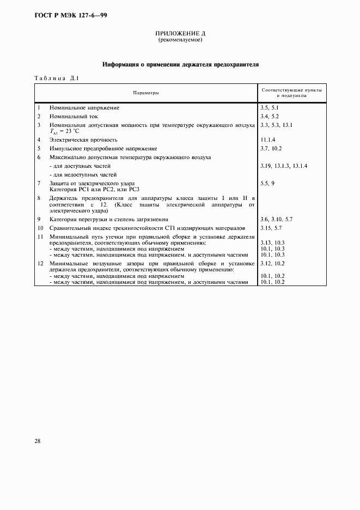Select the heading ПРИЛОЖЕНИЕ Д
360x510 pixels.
click(x=180, y=34)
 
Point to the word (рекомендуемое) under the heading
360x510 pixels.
click(x=180, y=40)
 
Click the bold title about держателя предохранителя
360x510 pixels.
click(x=180, y=65)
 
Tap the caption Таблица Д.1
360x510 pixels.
click(x=57, y=78)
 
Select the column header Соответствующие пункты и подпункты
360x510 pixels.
click(x=291, y=93)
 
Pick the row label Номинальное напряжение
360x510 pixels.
click(x=84, y=108)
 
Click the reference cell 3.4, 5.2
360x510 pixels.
click(x=270, y=117)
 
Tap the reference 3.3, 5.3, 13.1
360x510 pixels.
click(x=277, y=125)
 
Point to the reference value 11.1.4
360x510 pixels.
click(x=270, y=140)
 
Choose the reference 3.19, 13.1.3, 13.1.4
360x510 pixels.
click(x=284, y=165)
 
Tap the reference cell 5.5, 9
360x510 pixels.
click(x=267, y=183)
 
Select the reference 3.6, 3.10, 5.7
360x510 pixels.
click(x=277, y=218)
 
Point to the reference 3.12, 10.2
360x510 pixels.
click(x=273, y=264)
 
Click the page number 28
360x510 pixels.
click(x=38, y=441)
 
